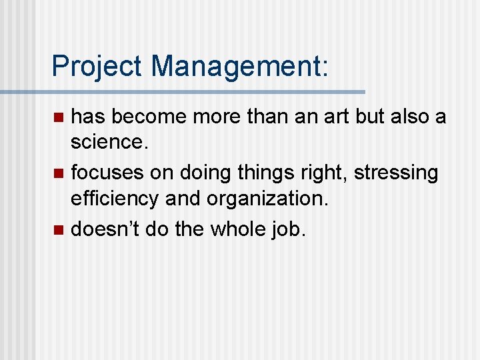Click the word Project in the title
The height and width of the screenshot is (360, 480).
coord(98,67)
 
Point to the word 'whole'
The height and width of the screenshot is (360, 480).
coord(239,229)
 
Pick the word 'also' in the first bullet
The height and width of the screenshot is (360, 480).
coord(407,117)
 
